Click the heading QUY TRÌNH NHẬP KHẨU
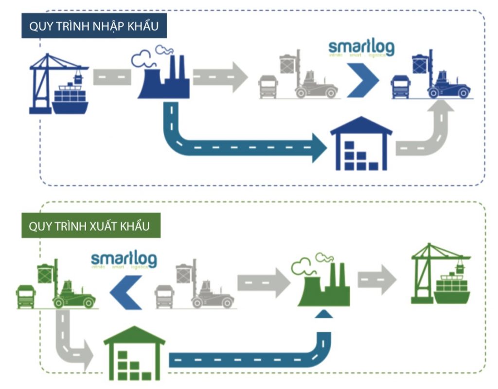(94, 27)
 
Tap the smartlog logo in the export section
(124, 259)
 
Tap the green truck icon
(26, 296)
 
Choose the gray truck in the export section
(164, 296)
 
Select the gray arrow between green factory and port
(377, 280)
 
